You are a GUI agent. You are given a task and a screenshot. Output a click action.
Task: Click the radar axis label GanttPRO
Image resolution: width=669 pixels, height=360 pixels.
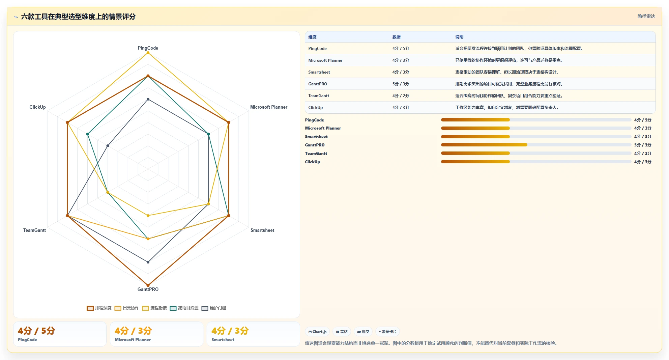[x=148, y=289]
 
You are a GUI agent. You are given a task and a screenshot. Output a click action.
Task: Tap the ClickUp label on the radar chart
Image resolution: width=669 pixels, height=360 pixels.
[x=37, y=107]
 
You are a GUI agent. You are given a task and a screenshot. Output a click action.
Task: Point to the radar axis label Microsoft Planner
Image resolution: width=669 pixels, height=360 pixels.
[x=269, y=107]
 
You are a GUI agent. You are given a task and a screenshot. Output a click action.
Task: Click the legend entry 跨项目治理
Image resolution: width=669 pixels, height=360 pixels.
[x=184, y=308]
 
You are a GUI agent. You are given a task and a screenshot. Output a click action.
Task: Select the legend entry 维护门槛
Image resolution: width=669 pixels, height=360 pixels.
[x=214, y=308]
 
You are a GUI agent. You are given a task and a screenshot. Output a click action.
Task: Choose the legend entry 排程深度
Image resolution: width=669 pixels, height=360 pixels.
[x=99, y=308]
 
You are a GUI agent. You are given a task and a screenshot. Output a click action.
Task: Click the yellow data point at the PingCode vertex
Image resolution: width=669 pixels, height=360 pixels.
[x=148, y=53]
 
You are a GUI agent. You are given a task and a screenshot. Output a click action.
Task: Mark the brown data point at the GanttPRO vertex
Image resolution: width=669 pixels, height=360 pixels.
[x=148, y=285]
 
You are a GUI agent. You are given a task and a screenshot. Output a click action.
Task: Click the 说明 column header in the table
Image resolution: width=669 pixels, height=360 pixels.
[x=459, y=37]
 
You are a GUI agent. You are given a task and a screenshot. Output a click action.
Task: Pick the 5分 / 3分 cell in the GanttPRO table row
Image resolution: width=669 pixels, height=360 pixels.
[x=401, y=84]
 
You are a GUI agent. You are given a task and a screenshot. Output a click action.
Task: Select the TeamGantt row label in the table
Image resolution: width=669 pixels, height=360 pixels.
[x=319, y=96]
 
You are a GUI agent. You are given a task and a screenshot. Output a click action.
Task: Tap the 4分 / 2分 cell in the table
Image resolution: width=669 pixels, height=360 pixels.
[x=401, y=96]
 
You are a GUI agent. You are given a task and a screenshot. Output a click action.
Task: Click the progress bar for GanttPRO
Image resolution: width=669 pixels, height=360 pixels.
[x=536, y=145]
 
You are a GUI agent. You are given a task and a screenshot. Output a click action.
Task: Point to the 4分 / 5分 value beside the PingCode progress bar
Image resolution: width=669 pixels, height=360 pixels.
[x=643, y=120]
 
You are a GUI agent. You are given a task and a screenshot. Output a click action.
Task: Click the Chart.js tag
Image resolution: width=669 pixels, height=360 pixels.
[x=317, y=332]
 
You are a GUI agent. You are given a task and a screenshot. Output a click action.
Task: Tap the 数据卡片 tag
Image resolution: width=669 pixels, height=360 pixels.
[x=387, y=332]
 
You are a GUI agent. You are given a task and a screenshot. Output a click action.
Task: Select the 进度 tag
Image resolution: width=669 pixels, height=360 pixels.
[x=363, y=332]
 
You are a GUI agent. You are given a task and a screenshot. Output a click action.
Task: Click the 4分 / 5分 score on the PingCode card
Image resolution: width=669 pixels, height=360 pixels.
[x=36, y=331]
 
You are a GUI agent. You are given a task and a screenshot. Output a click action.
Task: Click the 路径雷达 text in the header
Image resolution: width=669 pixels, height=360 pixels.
[x=646, y=16]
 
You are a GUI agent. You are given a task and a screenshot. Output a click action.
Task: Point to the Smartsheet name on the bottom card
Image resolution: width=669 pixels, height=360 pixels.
[x=223, y=340]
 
